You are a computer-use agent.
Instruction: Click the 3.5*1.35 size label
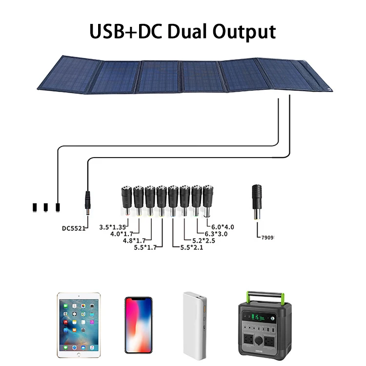tap(112, 227)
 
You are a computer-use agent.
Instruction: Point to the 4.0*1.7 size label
tap(124, 234)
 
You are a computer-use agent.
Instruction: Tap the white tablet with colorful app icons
tap(79, 323)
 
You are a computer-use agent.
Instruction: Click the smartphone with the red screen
tap(138, 325)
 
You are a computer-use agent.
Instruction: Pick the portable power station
tap(261, 325)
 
